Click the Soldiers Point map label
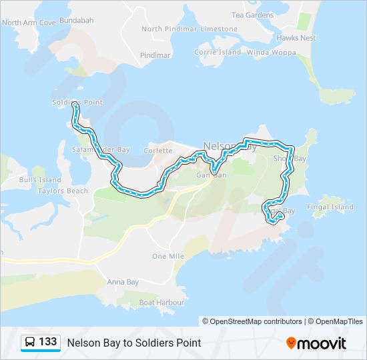point(77,102)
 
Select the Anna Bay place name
point(123,282)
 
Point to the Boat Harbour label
point(161,302)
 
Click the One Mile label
point(168,256)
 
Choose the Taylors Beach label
point(63,191)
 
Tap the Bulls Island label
point(40,180)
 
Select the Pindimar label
point(156,55)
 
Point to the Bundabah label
point(75,21)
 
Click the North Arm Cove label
point(29,23)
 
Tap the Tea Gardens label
point(252,15)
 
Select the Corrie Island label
point(218,52)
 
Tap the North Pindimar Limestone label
point(189,29)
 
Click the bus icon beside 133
point(31,342)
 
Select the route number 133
point(48,341)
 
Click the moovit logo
point(316,343)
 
